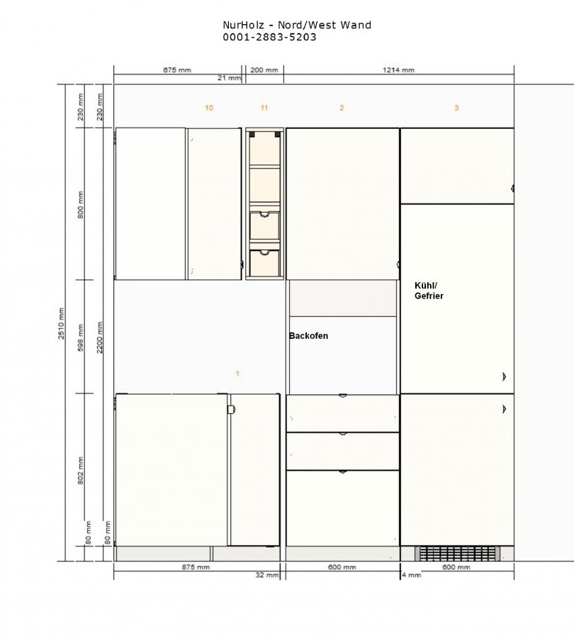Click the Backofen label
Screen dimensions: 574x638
pos(308,336)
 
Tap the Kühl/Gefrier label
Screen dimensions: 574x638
pos(429,291)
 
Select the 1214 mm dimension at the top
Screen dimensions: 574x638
pos(399,70)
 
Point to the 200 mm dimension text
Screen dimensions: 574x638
pos(264,70)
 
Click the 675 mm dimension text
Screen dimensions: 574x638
pos(177,70)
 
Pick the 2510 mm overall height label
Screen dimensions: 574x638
pos(61,323)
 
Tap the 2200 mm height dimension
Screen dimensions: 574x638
pos(100,337)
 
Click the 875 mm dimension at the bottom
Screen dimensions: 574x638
pos(196,567)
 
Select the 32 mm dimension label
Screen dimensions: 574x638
pos(267,575)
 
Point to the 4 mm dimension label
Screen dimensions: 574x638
pos(412,575)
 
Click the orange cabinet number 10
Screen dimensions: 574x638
pos(208,108)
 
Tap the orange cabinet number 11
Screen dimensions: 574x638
pos(264,108)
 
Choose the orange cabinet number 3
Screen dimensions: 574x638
pos(456,108)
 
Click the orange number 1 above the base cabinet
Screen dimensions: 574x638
pos(237,374)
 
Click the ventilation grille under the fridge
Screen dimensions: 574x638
pos(458,554)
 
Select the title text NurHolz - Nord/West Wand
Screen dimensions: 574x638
pos(297,25)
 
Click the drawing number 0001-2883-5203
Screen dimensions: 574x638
pos(269,37)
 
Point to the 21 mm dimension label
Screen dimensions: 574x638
pos(229,78)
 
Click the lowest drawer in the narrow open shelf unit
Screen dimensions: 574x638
pos(264,263)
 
